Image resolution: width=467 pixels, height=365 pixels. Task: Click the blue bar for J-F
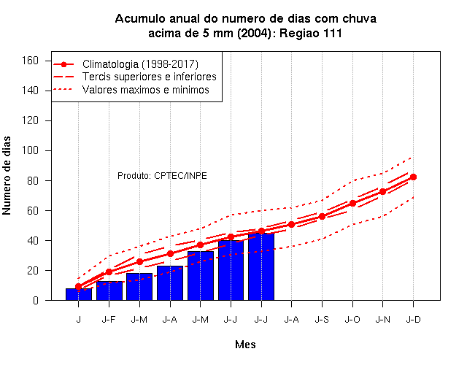109,291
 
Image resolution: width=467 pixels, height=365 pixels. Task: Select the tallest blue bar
261,266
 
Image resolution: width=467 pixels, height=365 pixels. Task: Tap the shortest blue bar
79,294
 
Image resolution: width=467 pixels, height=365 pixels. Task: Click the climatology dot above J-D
413,177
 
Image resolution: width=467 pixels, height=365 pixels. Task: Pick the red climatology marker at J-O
352,203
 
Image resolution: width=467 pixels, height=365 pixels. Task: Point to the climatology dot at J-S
322,216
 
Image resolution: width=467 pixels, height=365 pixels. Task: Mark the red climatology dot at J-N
382,191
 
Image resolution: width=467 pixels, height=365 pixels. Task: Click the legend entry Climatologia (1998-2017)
140,64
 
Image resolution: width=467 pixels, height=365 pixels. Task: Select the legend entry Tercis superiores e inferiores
149,77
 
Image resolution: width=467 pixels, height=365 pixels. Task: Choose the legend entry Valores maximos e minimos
146,89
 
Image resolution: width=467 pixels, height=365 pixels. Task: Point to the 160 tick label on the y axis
31,61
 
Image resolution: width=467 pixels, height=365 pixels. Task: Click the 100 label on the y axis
31,150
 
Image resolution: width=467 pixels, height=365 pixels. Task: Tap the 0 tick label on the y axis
36,300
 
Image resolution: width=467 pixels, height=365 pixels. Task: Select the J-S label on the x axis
322,320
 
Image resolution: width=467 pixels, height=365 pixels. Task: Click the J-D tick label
413,320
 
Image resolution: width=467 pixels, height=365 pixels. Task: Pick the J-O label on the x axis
352,320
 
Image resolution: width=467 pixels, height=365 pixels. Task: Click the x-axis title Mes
245,345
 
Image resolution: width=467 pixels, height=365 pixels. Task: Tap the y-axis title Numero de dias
7,175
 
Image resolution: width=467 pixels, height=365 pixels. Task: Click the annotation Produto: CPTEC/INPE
162,175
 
